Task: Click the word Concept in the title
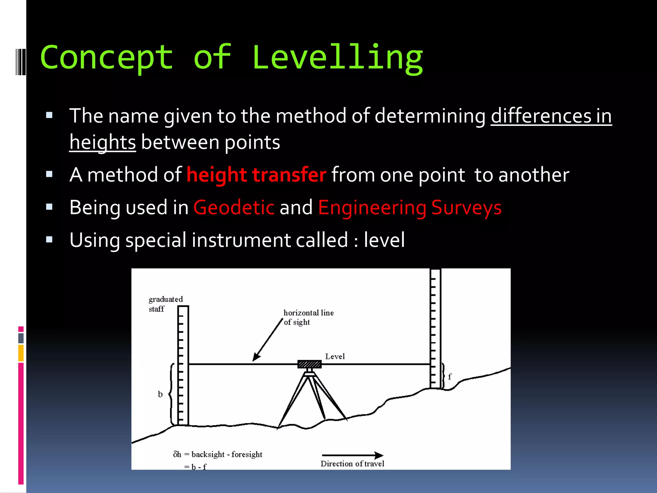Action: click(107, 58)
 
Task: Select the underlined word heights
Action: click(103, 142)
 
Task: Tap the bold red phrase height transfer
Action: click(256, 175)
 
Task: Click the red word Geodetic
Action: click(234, 208)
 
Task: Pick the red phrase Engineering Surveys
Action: click(410, 208)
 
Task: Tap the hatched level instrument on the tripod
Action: click(309, 364)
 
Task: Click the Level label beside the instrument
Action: click(335, 356)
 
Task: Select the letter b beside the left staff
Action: click(160, 394)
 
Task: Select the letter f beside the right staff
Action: click(449, 376)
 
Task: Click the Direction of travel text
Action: click(352, 464)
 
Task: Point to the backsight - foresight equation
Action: click(218, 454)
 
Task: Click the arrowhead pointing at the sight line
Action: click(256, 357)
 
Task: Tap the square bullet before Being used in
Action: click(49, 207)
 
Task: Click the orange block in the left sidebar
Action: click(21, 353)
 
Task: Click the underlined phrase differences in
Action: click(551, 116)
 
